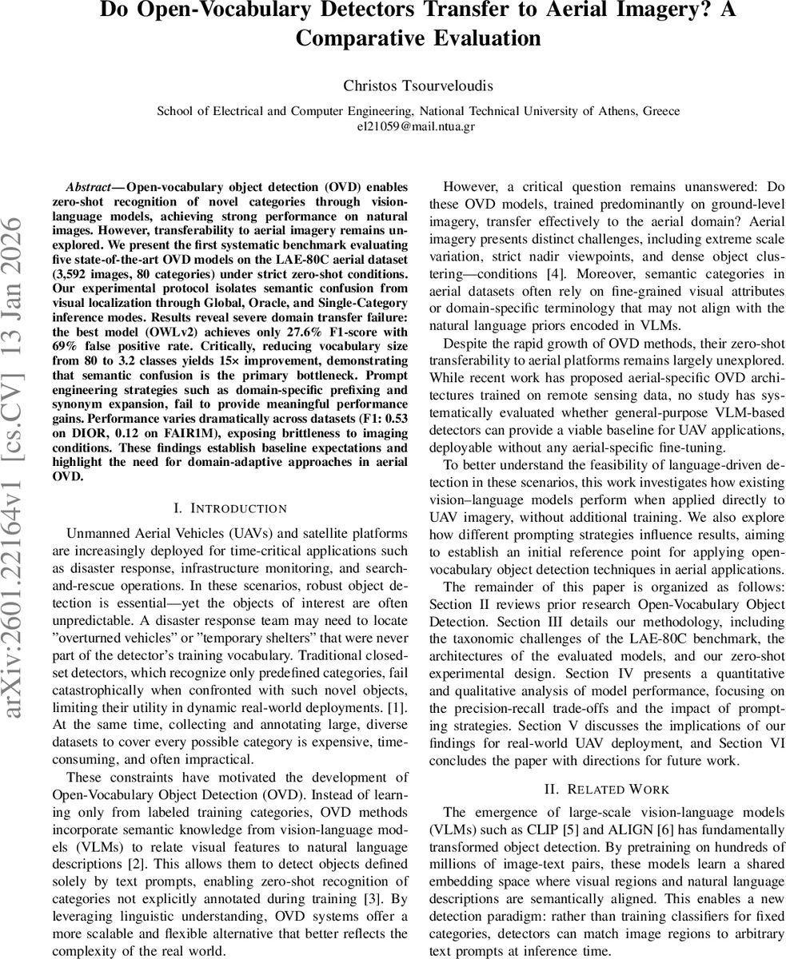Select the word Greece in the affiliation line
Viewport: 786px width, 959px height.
[x=660, y=111]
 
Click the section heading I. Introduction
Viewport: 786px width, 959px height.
[x=229, y=508]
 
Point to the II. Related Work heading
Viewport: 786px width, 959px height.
[x=607, y=789]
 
